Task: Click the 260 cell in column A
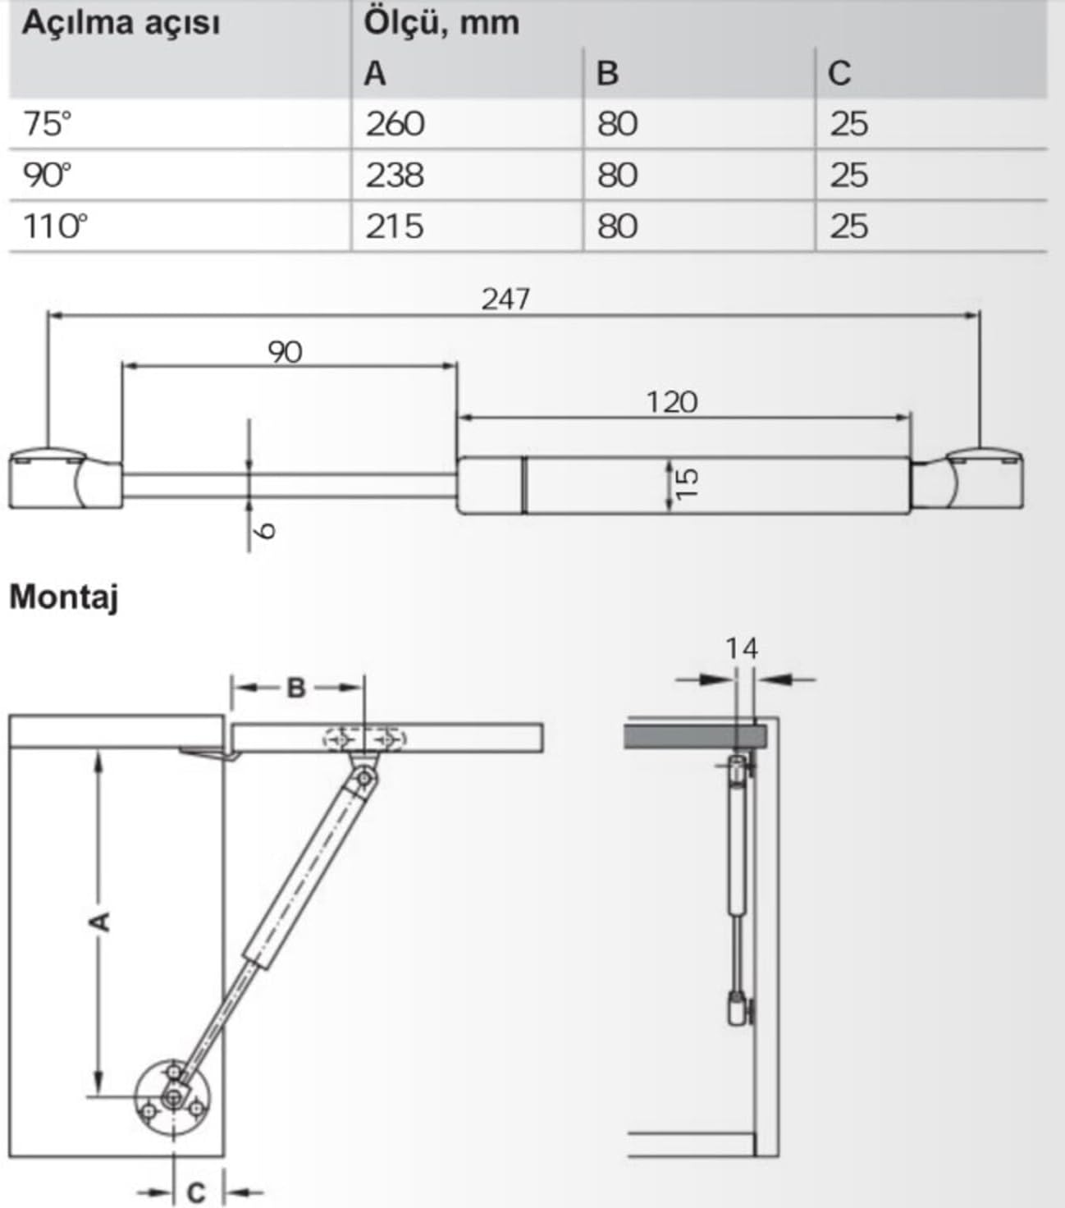pos(395,124)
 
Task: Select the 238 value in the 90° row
pos(395,176)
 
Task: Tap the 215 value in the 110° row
pos(395,226)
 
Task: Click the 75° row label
pos(47,124)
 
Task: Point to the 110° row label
pos(56,226)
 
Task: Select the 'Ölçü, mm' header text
pos(442,24)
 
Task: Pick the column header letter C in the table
pos(839,73)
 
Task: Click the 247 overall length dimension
pos(505,300)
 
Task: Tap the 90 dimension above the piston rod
pos(285,352)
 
